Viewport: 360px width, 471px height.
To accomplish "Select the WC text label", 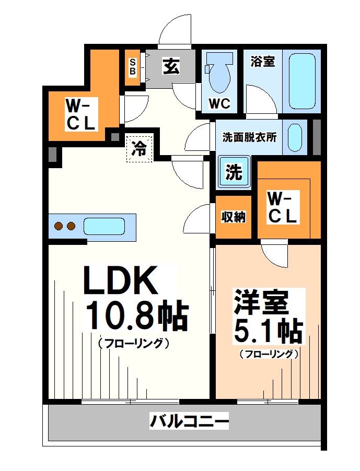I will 219,104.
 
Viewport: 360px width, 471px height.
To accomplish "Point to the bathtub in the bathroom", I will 301,80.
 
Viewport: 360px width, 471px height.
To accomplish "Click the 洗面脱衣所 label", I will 249,137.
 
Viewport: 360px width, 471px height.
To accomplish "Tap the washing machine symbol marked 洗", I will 233,172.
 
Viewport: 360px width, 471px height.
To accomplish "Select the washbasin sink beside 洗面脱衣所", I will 295,137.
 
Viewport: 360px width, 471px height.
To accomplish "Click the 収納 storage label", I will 233,217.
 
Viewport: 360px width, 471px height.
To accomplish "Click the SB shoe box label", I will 132,66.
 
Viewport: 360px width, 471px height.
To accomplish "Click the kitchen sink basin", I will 104,227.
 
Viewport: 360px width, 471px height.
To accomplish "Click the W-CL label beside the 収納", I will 283,207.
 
